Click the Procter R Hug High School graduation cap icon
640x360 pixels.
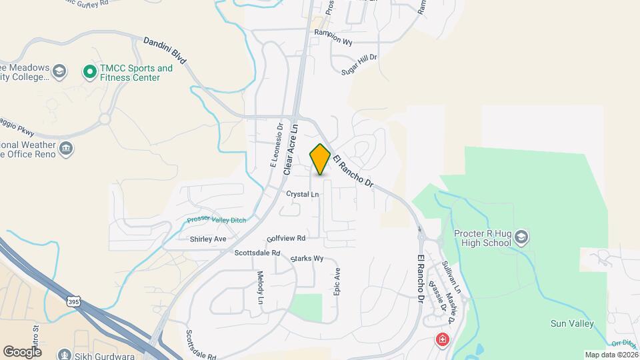pyautogui.click(x=521, y=237)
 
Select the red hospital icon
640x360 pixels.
pyautogui.click(x=441, y=340)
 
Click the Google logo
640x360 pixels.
pyautogui.click(x=22, y=351)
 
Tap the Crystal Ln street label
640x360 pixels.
pyautogui.click(x=303, y=194)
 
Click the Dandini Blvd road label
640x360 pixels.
pyautogui.click(x=165, y=51)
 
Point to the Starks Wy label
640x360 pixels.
pyautogui.click(x=307, y=258)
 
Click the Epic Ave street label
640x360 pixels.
pyautogui.click(x=337, y=283)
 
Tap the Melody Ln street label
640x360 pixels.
pyautogui.click(x=261, y=287)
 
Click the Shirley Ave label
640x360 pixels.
pyautogui.click(x=208, y=239)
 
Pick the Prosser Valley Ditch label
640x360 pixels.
pyautogui.click(x=217, y=219)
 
